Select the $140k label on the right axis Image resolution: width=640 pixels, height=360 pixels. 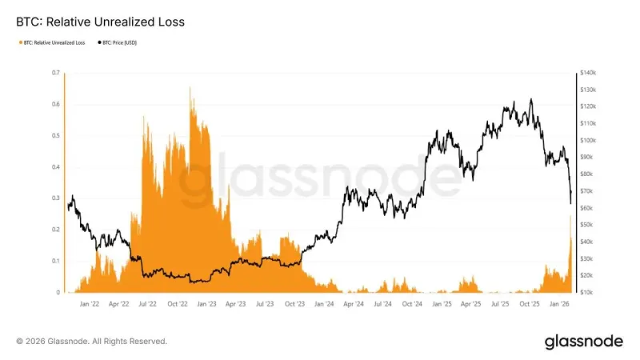point(590,73)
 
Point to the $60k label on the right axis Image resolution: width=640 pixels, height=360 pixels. point(590,208)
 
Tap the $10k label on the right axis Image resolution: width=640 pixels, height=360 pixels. point(590,293)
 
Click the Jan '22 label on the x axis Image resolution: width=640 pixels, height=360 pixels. point(90,305)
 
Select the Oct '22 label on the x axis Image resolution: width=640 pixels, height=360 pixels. point(178,305)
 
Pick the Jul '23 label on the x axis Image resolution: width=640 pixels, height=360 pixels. point(265,305)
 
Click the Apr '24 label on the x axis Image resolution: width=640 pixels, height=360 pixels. point(353,305)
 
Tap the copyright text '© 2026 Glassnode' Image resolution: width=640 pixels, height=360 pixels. point(92,341)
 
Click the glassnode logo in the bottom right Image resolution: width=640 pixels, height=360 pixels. point(583,342)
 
